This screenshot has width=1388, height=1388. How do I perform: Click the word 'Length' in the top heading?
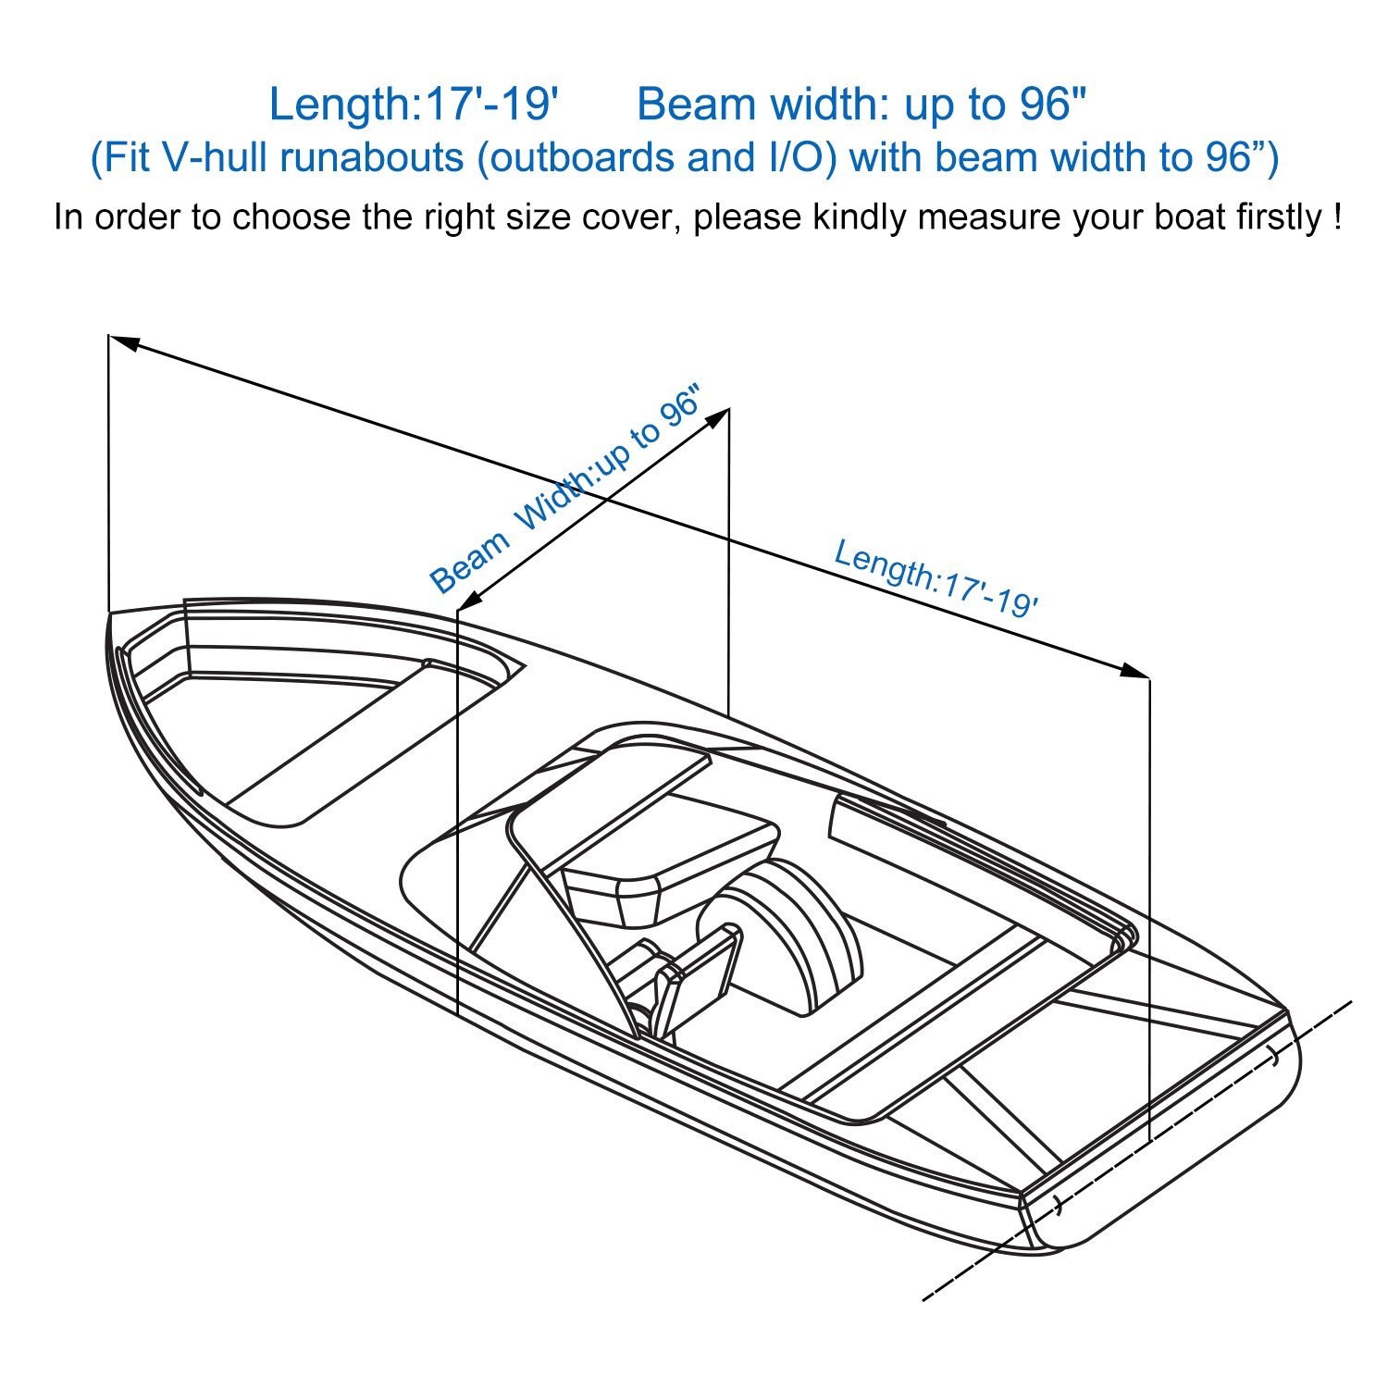pyautogui.click(x=341, y=105)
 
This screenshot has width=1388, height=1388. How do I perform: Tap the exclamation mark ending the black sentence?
pyautogui.click(x=1336, y=217)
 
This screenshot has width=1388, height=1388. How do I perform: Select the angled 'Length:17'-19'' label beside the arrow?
pyautogui.click(x=936, y=577)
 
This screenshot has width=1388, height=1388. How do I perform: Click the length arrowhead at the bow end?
pyautogui.click(x=124, y=341)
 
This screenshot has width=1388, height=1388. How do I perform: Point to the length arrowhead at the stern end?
pyautogui.click(x=1134, y=670)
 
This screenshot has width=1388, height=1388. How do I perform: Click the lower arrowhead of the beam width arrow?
pyautogui.click(x=470, y=601)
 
